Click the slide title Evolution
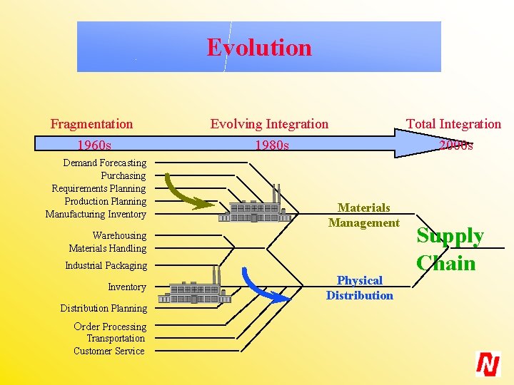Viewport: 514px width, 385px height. point(259,48)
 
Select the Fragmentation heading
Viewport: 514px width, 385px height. point(91,124)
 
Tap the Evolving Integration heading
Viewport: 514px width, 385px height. point(269,124)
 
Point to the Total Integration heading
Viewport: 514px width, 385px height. point(453,124)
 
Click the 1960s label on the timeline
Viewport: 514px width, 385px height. point(94,145)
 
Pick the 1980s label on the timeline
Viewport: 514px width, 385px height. point(272,145)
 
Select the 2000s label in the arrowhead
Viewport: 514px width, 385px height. point(455,145)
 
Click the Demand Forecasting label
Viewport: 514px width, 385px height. point(104,163)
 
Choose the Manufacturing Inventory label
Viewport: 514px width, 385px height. point(96,215)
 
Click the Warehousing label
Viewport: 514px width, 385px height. point(119,236)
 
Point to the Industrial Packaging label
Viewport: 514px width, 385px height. point(106,266)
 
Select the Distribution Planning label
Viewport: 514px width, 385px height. point(104,309)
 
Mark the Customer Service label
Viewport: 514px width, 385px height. point(109,351)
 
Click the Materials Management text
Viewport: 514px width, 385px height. point(363,215)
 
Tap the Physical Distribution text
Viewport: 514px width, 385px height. point(359,288)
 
